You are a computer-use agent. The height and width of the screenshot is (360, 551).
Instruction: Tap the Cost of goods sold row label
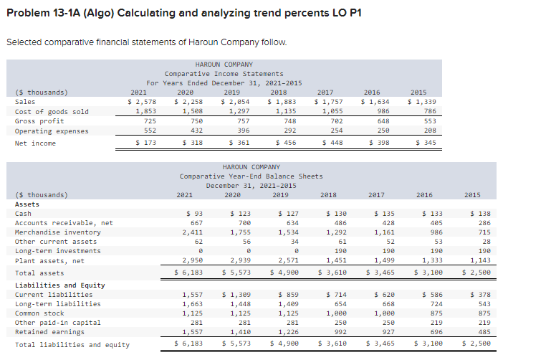(x=52, y=112)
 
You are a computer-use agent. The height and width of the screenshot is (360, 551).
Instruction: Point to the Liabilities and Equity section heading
(x=59, y=285)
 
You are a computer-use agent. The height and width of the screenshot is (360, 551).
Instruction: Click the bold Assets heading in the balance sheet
(x=27, y=204)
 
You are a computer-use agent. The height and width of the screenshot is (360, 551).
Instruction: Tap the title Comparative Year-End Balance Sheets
(x=251, y=176)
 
